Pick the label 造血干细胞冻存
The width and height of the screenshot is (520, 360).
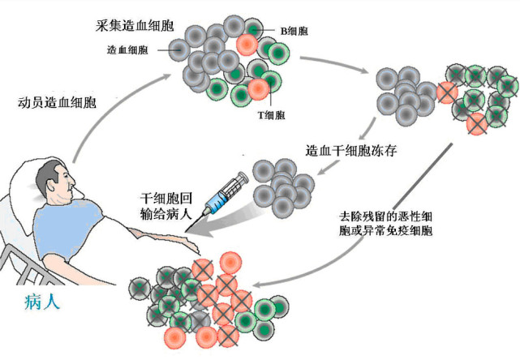point(350,151)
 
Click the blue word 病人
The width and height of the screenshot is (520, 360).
point(41,304)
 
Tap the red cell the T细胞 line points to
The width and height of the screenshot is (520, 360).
point(258,88)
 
